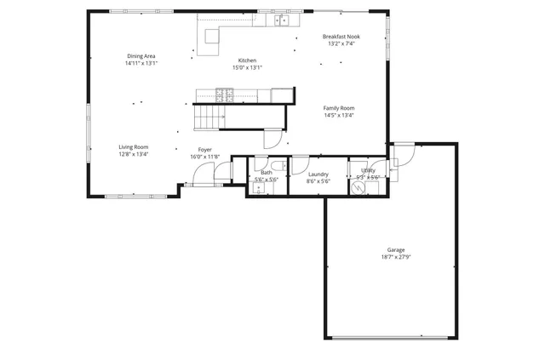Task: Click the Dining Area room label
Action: [x=141, y=56]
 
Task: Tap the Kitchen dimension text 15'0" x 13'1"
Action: [x=247, y=67]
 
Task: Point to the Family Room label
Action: [x=339, y=108]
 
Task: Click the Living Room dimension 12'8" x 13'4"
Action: [x=134, y=154]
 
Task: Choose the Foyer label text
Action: [x=205, y=150]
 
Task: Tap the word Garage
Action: [x=396, y=249]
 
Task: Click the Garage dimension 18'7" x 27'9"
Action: [x=396, y=256]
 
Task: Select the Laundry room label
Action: [x=318, y=174]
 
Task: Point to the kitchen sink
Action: [x=281, y=21]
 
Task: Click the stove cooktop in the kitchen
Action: [x=215, y=94]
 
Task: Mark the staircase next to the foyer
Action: [x=207, y=117]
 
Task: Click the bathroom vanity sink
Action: [x=259, y=189]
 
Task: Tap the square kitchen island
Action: [x=209, y=37]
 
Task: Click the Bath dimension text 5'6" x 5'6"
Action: [x=267, y=180]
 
